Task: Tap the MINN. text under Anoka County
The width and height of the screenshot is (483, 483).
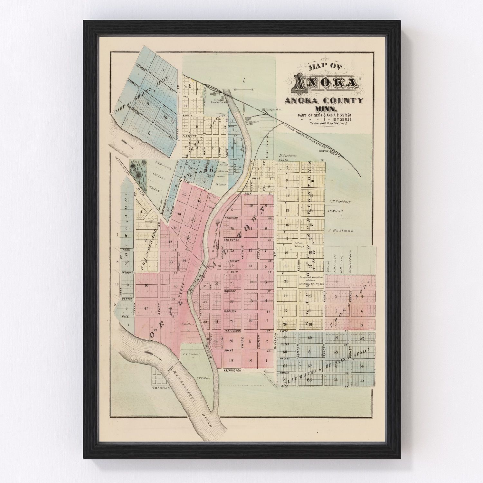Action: (x=324, y=109)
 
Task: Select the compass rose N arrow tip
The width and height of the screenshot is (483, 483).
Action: (x=244, y=78)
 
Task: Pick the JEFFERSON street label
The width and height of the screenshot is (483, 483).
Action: (x=232, y=331)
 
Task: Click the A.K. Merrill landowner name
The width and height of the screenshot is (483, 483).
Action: (x=335, y=211)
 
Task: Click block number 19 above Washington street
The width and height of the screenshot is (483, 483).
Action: (x=231, y=360)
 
